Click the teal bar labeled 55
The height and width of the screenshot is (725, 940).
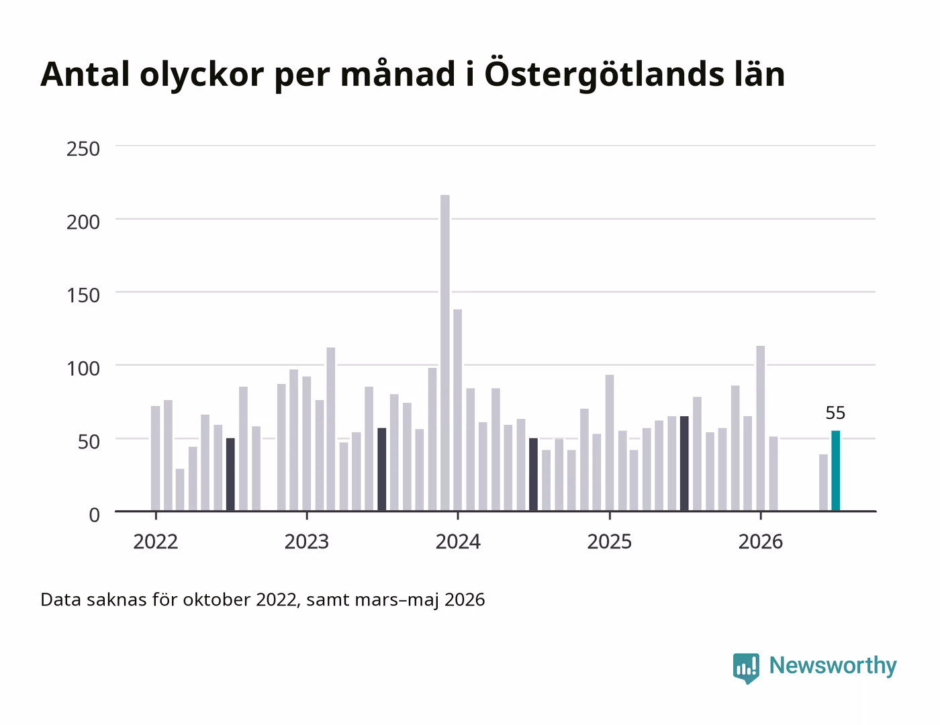(x=835, y=471)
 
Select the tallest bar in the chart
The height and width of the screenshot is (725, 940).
(x=444, y=353)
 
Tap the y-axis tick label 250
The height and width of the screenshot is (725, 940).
(x=83, y=149)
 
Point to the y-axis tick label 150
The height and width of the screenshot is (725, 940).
(x=83, y=295)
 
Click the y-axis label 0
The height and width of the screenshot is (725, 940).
(x=94, y=515)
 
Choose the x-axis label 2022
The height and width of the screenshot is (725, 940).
(x=156, y=542)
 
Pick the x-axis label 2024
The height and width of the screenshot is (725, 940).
(x=458, y=542)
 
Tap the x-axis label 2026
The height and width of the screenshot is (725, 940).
(x=761, y=542)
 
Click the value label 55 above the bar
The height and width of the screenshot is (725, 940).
(x=835, y=413)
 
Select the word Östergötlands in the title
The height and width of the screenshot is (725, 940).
(x=604, y=75)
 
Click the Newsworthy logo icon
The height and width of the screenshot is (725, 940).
(x=746, y=668)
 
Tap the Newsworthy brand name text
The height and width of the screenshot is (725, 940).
(x=833, y=666)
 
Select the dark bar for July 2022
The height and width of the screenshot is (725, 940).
(x=230, y=474)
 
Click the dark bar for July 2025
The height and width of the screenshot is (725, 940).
(x=684, y=463)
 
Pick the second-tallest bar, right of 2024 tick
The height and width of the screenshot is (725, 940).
(x=458, y=410)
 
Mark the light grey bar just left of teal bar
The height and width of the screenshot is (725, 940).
(x=823, y=483)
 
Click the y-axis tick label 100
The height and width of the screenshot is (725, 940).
(x=83, y=369)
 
